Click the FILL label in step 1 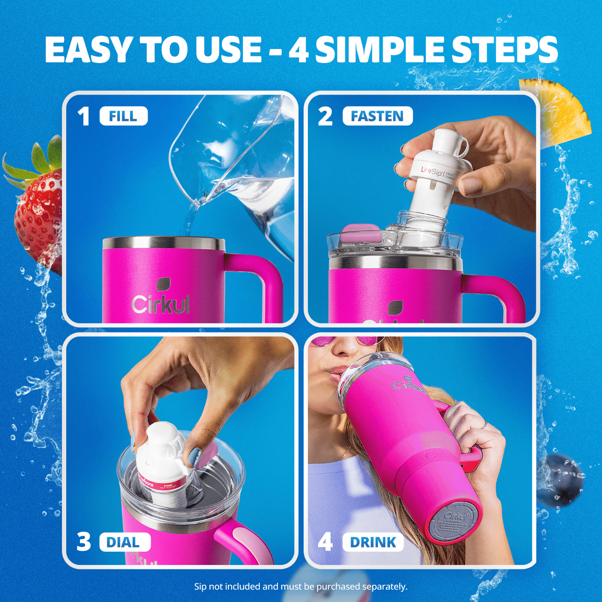pyautogui.click(x=123, y=116)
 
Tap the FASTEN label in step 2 pyautogui.click(x=377, y=116)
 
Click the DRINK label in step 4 pyautogui.click(x=373, y=542)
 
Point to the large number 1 pyautogui.click(x=84, y=117)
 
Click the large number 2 pyautogui.click(x=326, y=117)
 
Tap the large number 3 pyautogui.click(x=84, y=542)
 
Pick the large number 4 pyautogui.click(x=326, y=542)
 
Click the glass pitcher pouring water pyautogui.click(x=241, y=163)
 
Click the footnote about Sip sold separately pyautogui.click(x=301, y=587)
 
